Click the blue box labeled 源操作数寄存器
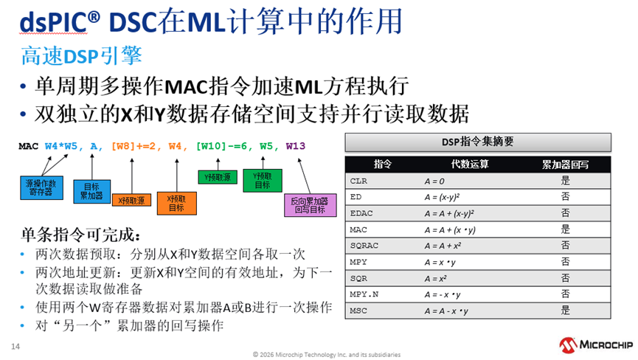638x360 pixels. [x=41, y=187]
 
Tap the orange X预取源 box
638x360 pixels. [x=132, y=200]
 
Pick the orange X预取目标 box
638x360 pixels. [x=176, y=203]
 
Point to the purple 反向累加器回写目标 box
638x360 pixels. [x=305, y=205]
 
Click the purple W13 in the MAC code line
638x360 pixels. [x=296, y=147]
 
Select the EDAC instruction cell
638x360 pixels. [x=361, y=213]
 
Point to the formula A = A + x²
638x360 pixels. [x=443, y=246]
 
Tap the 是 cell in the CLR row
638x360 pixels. [x=566, y=180]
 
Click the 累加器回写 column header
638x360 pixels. [x=566, y=165]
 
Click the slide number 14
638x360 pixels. [x=15, y=346]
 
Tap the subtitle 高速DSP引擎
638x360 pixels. [x=81, y=56]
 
